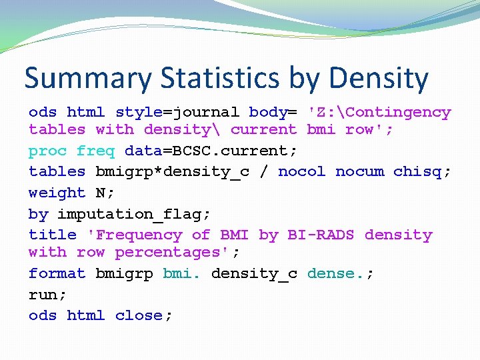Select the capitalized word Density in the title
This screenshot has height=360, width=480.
pyautogui.click(x=379, y=79)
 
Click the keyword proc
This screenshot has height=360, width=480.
pyautogui.click(x=47, y=151)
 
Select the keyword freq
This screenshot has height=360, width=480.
pyautogui.click(x=95, y=151)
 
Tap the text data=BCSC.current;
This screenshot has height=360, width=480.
pyautogui.click(x=211, y=151)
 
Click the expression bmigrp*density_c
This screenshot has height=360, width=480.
pyautogui.click(x=172, y=171)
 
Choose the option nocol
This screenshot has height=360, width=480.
pyautogui.click(x=301, y=171)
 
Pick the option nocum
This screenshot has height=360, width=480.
pyautogui.click(x=359, y=171)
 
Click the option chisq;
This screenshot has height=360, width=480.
pyautogui.click(x=422, y=171)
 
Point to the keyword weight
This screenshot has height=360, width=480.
pyautogui.click(x=57, y=193)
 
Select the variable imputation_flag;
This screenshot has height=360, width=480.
pyautogui.click(x=134, y=214)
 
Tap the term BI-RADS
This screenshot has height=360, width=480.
pyautogui.click(x=321, y=235)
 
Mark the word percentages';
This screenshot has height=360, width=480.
pyautogui.click(x=177, y=252)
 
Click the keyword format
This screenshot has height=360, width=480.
pyautogui.click(x=57, y=273)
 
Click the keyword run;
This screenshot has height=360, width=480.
pyautogui.click(x=43, y=294)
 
